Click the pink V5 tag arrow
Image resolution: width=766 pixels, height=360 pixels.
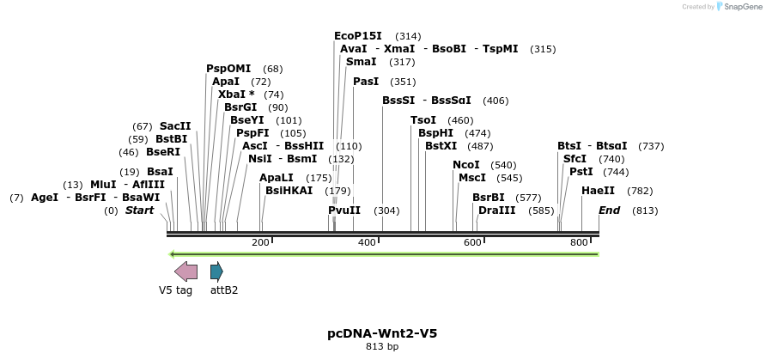coord(185,272)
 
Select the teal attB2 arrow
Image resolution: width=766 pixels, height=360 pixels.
coord(216,272)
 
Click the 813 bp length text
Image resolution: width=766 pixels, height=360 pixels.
coord(382,347)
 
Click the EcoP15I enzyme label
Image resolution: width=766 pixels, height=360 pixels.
coord(358,36)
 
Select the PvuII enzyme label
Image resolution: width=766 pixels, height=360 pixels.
coord(344,211)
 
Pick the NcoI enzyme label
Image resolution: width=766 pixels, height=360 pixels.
coord(466,165)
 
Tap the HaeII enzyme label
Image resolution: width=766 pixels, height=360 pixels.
coord(598,191)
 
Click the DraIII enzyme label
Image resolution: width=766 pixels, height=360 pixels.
coord(497,211)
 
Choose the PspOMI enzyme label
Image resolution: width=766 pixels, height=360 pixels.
coord(228,69)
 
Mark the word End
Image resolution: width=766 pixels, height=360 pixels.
coord(609,211)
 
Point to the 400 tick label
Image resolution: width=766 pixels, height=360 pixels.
coord(367,243)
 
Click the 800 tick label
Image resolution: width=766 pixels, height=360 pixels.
coord(579,243)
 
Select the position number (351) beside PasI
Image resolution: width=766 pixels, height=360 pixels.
coord(403,82)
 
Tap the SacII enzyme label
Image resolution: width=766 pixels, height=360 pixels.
coord(175,126)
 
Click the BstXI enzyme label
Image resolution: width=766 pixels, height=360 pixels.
coord(441,146)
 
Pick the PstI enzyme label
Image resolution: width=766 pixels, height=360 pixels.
coord(581,172)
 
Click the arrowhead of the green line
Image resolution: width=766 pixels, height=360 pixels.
coord(173,254)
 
